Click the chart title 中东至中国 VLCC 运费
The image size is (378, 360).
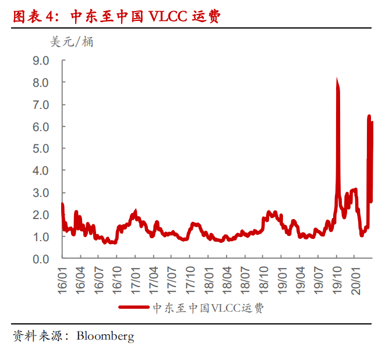(x=146, y=17)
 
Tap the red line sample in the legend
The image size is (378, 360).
(x=135, y=308)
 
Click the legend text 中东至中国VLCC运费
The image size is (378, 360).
(x=208, y=308)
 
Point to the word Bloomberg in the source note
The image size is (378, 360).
(x=105, y=336)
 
